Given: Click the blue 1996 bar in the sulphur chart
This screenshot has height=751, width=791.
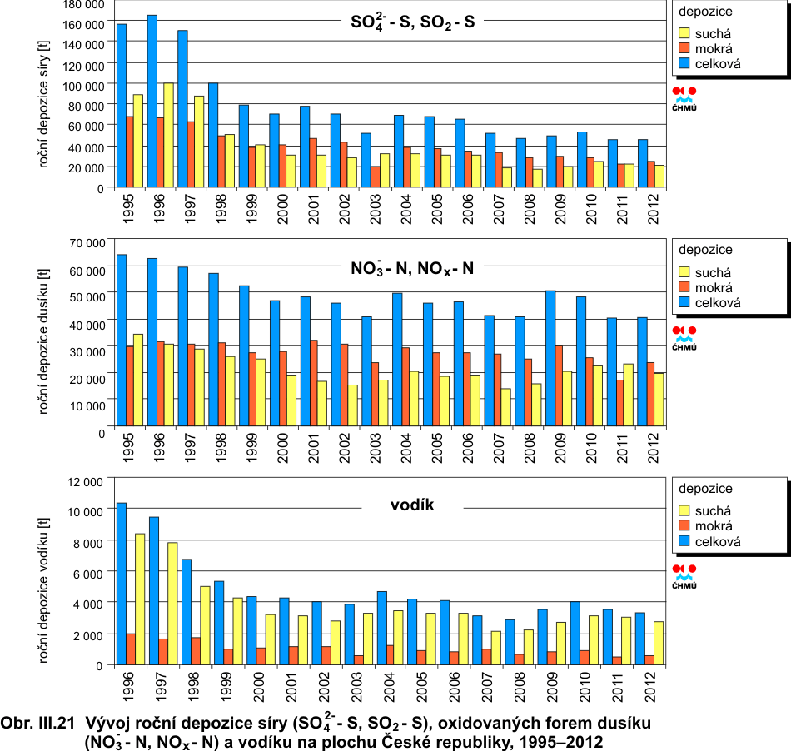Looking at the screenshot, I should [x=152, y=100].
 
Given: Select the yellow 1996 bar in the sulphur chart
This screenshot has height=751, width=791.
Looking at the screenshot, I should [x=169, y=135].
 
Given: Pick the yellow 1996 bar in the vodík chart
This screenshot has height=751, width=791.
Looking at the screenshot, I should [x=140, y=599].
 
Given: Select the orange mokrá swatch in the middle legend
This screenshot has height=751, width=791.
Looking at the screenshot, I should [x=686, y=287].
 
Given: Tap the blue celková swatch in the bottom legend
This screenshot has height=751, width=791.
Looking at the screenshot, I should [x=686, y=542].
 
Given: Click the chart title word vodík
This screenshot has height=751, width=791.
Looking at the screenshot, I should [x=413, y=505].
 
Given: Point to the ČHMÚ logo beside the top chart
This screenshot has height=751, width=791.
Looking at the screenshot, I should [x=684, y=98].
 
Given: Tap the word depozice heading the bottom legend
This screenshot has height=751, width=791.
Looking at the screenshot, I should [x=705, y=489].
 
